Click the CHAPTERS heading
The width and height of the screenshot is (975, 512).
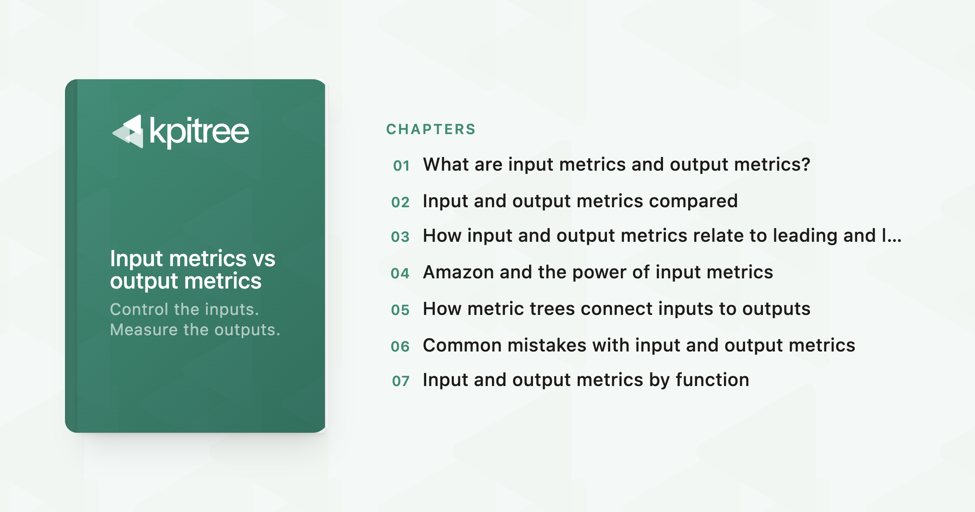431,129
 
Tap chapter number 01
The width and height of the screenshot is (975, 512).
401,166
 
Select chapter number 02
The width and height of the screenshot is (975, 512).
401,202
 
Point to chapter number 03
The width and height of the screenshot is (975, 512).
401,237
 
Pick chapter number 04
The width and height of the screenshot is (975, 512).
400,273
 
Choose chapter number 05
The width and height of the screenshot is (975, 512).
401,310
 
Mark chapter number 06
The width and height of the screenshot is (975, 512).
400,347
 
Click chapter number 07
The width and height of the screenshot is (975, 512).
401,381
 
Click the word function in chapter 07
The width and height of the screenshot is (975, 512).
713,380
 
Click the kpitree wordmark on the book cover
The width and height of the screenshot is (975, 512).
199,131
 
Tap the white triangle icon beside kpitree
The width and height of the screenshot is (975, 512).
128,131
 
